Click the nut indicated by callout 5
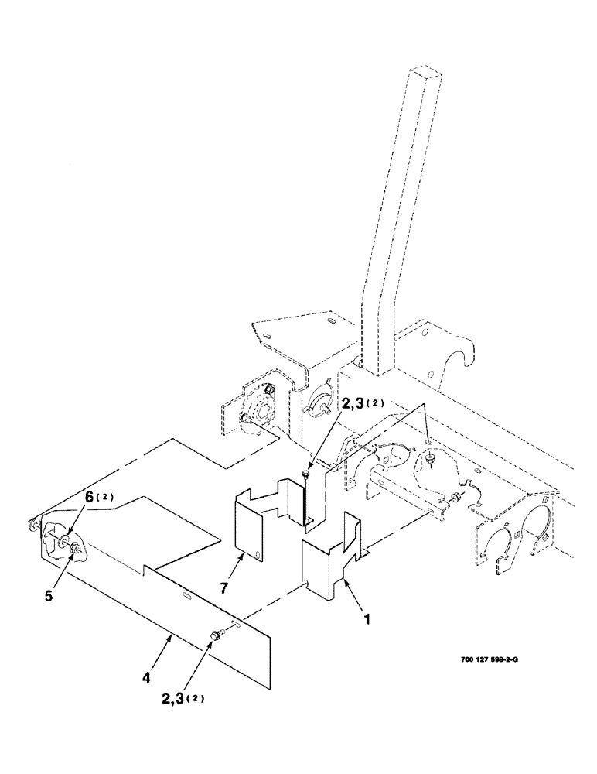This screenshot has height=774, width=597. (x=76, y=550)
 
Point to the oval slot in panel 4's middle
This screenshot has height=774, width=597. (x=187, y=595)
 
